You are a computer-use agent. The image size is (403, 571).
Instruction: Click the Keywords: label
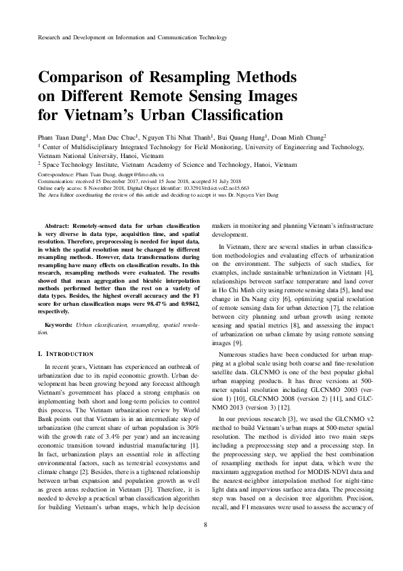click(x=58, y=326)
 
